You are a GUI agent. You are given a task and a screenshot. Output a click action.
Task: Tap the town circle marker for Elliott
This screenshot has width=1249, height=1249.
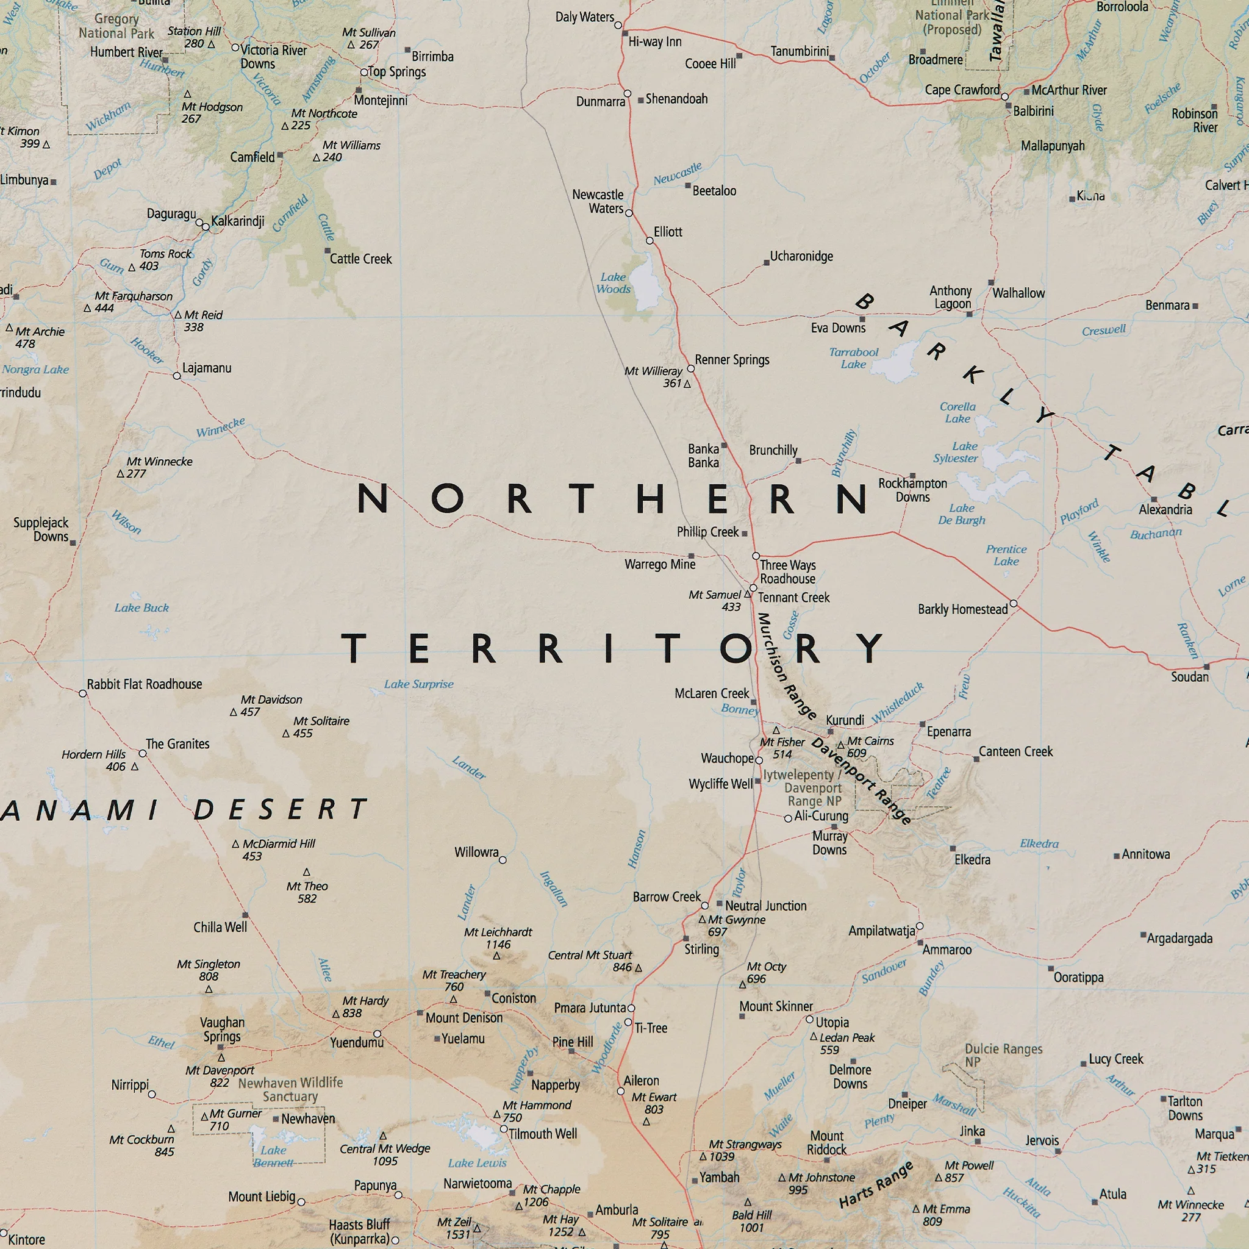click(x=650, y=240)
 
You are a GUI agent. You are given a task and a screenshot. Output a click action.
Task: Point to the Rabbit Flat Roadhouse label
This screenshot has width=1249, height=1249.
click(x=144, y=684)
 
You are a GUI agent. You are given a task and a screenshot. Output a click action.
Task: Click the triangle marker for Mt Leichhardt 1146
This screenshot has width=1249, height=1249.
click(x=496, y=956)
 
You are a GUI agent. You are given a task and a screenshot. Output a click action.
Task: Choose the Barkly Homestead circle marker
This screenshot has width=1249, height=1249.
click(x=1014, y=603)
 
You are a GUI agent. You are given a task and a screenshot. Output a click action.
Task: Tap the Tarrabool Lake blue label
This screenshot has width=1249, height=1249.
click(x=853, y=357)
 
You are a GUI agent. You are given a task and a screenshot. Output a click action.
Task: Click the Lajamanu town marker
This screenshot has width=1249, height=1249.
click(x=176, y=376)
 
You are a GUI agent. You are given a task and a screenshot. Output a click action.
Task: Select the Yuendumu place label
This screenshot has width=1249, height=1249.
click(x=356, y=1042)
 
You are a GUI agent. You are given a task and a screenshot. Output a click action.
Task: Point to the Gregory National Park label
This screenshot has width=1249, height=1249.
click(x=116, y=26)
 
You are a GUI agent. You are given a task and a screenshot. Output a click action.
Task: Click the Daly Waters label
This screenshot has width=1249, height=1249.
click(x=584, y=17)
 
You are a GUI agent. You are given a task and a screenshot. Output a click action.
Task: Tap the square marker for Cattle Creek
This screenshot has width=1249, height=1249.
click(x=327, y=251)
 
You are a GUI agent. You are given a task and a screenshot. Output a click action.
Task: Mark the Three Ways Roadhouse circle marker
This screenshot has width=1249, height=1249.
click(x=756, y=556)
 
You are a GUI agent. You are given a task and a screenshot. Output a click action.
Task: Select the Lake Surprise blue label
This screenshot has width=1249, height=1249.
click(x=418, y=684)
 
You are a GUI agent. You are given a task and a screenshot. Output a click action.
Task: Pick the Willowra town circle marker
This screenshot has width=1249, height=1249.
click(x=503, y=860)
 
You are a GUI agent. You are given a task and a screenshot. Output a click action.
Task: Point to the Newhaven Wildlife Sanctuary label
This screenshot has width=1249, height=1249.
click(x=290, y=1089)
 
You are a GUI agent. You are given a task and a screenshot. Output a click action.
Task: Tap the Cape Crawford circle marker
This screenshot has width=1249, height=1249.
click(x=1004, y=97)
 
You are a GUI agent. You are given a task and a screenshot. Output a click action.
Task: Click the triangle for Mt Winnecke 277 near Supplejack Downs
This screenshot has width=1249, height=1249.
click(x=120, y=474)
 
